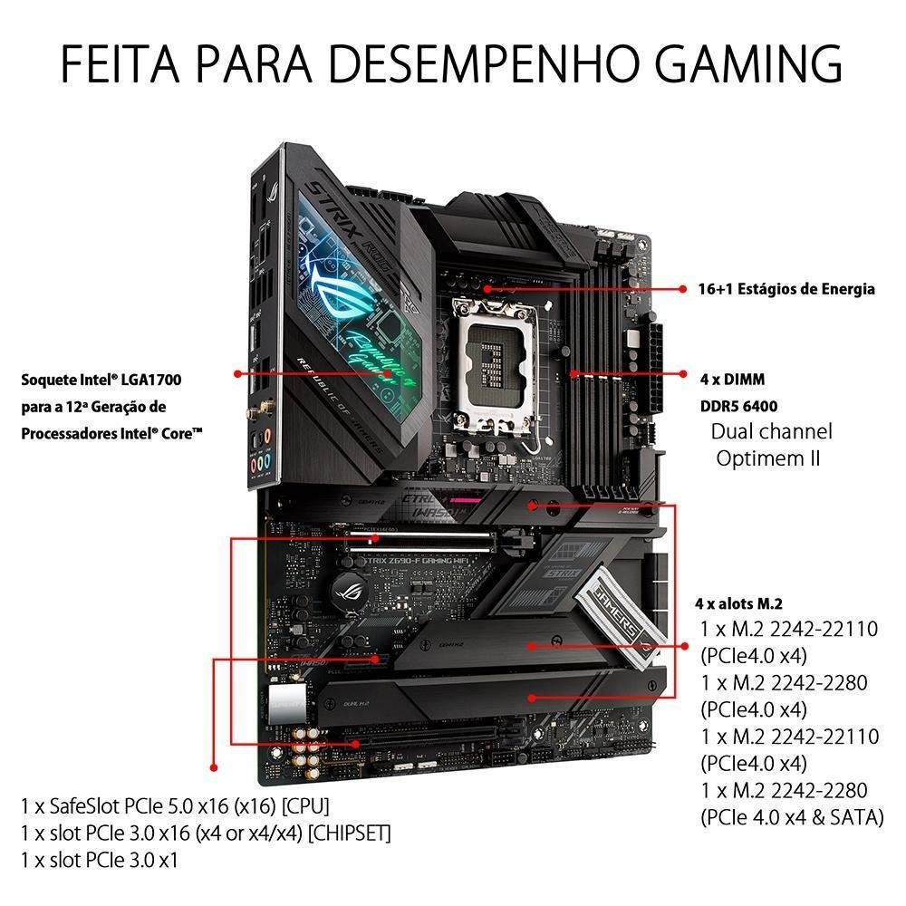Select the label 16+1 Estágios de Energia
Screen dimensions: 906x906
786,289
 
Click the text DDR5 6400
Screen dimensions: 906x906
737,406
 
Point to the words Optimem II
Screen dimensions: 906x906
767,458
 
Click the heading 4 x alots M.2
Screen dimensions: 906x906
738,603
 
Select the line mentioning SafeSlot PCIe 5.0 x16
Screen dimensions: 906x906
174,805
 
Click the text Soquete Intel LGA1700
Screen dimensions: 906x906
107,380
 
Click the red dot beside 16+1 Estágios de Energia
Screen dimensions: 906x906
682,289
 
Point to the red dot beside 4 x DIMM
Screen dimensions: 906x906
682,372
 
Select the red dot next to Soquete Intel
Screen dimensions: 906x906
237,372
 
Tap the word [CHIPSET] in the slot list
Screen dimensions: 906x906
351,833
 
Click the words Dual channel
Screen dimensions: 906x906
771,431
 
